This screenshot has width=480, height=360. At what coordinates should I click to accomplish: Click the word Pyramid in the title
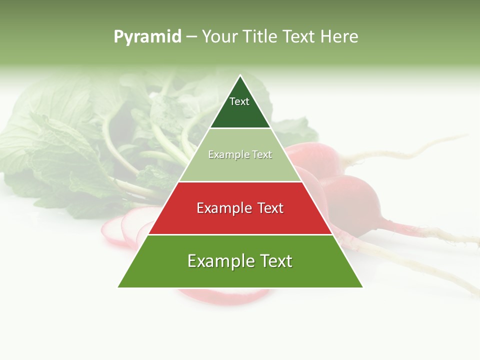(147, 37)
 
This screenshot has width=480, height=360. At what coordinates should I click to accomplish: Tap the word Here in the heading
(338, 37)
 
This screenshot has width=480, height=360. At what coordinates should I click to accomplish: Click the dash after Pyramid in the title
(191, 37)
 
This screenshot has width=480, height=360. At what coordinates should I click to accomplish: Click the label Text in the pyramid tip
(239, 101)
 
